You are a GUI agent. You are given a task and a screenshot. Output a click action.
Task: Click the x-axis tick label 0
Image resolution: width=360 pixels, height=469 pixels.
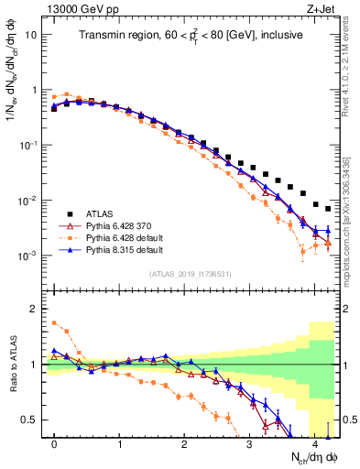click(54, 444)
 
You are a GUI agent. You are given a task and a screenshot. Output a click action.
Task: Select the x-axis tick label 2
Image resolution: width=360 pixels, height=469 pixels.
click(184, 444)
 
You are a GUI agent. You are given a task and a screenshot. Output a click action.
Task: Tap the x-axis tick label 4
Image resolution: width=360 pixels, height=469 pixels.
click(314, 444)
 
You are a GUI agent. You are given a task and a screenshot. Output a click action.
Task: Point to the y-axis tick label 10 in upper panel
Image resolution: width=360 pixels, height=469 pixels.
click(31, 35)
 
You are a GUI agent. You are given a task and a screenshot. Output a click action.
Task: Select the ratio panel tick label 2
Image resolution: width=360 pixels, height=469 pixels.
click(35, 309)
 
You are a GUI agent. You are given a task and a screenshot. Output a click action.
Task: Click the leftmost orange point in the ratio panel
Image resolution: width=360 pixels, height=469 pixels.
click(54, 322)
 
